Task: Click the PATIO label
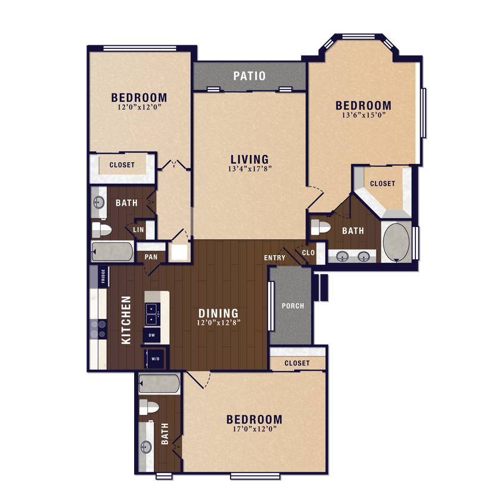point(249,76)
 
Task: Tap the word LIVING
point(250,159)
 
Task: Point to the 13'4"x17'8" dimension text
point(250,169)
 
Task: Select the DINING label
point(218,313)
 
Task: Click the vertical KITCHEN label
point(126,320)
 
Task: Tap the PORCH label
point(293,306)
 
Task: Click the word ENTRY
point(275,257)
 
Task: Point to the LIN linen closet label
point(138,229)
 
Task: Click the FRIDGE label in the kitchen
point(103,276)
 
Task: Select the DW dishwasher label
point(151,336)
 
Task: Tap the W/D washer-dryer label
point(156,359)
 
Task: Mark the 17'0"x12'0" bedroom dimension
point(254,429)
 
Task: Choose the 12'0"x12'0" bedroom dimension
point(139,107)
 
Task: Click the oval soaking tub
point(395,243)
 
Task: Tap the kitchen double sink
point(152,313)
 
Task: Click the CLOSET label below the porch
point(297,363)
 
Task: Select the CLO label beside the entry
point(308,253)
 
